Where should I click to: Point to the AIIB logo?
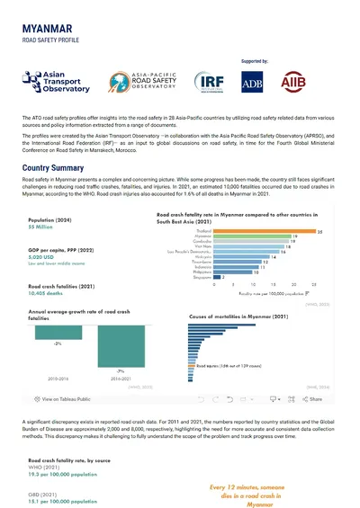pos(307,84)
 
